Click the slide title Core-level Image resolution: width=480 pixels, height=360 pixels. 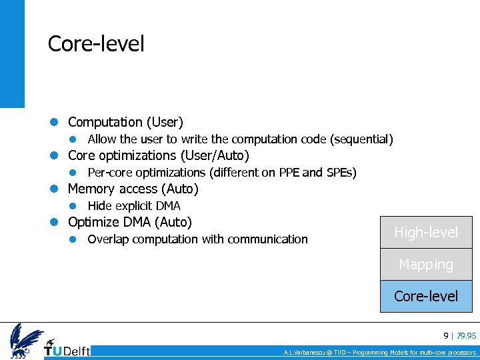96,44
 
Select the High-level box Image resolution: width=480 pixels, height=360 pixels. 426,233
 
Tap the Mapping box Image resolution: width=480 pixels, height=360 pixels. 426,265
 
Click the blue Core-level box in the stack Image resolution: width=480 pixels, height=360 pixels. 426,296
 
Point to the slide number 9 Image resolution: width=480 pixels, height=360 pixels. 446,335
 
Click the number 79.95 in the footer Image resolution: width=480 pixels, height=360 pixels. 466,335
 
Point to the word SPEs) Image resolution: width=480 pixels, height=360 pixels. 341,173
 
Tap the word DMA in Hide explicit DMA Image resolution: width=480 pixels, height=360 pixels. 168,206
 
